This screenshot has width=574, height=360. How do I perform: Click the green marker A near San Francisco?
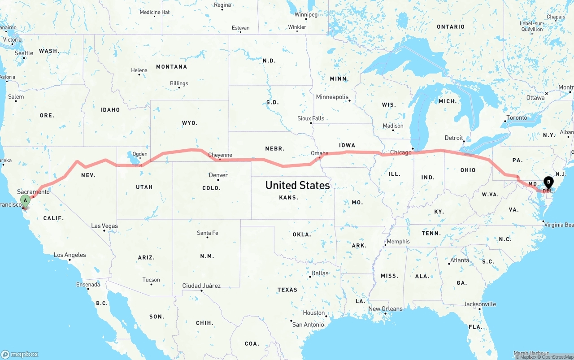click(26, 200)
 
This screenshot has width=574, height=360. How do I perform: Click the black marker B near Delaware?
click(548, 182)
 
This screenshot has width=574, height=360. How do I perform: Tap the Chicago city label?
click(400, 152)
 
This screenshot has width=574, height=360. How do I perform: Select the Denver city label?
click(218, 175)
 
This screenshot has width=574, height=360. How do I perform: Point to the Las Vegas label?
click(104, 226)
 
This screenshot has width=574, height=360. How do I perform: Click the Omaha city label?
click(320, 153)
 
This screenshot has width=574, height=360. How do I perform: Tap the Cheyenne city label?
click(220, 155)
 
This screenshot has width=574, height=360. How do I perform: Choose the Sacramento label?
click(34, 192)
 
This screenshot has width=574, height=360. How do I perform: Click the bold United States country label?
click(297, 185)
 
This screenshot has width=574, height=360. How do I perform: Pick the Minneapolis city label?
click(332, 97)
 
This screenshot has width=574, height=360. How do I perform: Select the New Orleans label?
click(385, 308)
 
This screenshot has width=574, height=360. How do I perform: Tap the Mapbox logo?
click(20, 354)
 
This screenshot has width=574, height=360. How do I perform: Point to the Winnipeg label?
click(306, 15)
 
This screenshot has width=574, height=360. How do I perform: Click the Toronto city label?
click(517, 117)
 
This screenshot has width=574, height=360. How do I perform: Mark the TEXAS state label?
click(287, 290)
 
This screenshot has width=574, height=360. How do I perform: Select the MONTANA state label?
click(171, 67)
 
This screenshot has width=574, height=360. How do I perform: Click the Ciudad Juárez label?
click(201, 286)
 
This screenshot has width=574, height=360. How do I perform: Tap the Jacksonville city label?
click(480, 304)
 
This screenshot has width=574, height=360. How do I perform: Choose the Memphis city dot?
click(385, 245)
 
